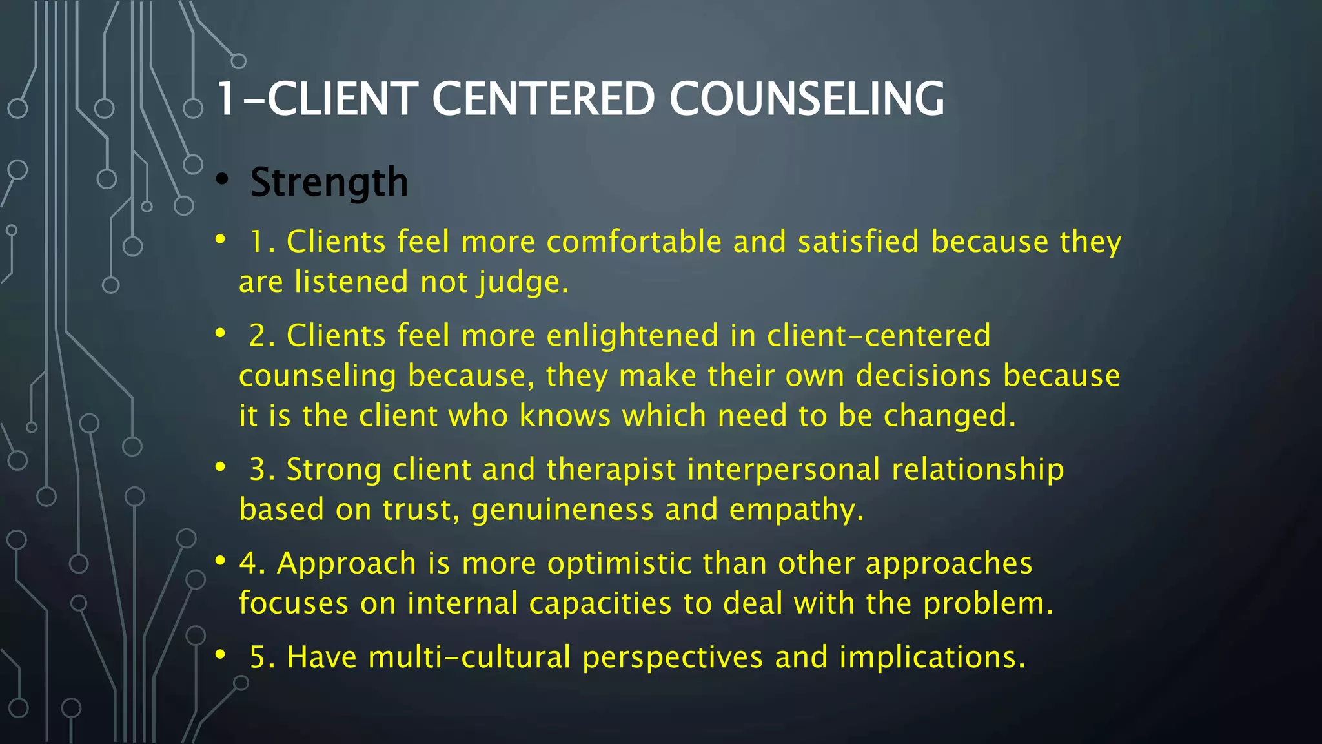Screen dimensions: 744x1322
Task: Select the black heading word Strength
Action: click(x=329, y=182)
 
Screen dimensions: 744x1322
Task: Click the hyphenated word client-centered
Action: click(x=879, y=336)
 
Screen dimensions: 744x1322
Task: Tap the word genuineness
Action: click(x=562, y=510)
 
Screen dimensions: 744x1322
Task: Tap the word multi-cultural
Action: click(x=469, y=657)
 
